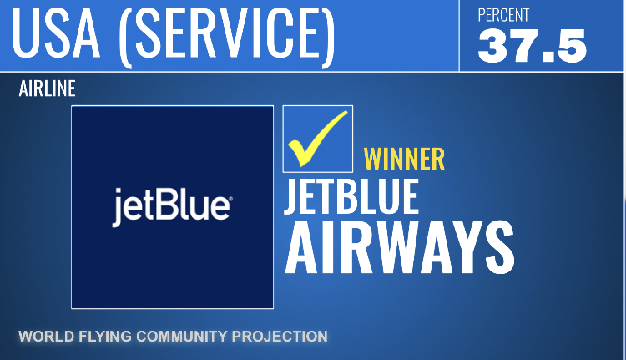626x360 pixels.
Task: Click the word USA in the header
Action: [x=55, y=33]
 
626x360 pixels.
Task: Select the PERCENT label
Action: [x=503, y=15]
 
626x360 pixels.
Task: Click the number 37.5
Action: [x=533, y=46]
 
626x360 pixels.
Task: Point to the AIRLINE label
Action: [x=47, y=89]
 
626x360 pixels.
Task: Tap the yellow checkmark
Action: [x=317, y=139]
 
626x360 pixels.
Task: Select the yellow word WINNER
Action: [x=404, y=159]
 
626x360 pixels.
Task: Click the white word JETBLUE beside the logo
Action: [x=351, y=196]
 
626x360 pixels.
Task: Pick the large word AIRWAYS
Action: [x=400, y=247]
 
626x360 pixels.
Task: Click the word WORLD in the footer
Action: [x=47, y=337]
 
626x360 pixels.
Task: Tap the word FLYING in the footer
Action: [x=105, y=337]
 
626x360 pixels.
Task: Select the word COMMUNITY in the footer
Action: [x=182, y=337]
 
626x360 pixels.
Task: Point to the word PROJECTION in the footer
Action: [x=280, y=337]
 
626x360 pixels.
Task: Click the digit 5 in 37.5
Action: [x=570, y=46]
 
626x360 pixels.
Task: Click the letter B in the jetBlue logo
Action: [x=166, y=205]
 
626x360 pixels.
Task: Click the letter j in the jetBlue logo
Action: [x=117, y=208]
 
